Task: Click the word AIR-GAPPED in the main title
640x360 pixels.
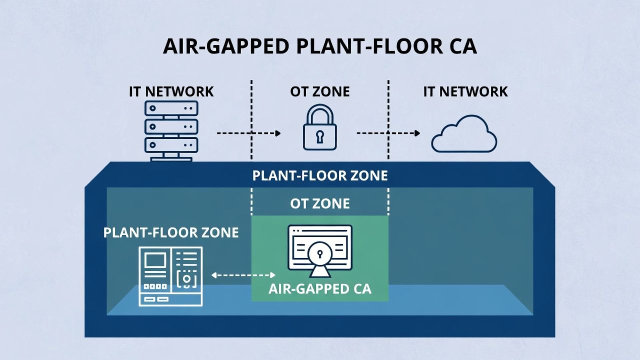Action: (x=226, y=46)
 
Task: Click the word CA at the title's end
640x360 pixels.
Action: (x=460, y=46)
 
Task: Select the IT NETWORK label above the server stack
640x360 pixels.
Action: (x=171, y=92)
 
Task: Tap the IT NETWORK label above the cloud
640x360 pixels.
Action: (x=465, y=92)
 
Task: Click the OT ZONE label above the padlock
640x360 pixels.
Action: (x=320, y=92)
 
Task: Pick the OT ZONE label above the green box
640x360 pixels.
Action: (x=320, y=204)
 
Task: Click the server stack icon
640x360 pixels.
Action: (x=171, y=130)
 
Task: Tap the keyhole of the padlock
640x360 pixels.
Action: (x=320, y=135)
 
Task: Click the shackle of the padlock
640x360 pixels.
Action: (x=320, y=113)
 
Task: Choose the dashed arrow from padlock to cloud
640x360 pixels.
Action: (x=388, y=133)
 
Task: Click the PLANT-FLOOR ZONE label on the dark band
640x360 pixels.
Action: (x=320, y=176)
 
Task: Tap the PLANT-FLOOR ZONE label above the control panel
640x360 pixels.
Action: (x=171, y=233)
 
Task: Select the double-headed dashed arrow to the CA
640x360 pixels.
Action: (x=243, y=275)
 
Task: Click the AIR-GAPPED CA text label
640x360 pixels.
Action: (x=320, y=289)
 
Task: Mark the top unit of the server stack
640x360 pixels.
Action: (x=171, y=108)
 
